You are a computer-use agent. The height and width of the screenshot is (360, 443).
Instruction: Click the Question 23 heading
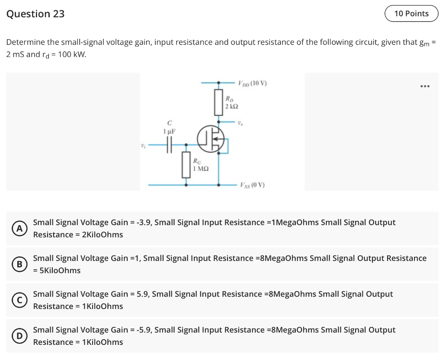(35, 14)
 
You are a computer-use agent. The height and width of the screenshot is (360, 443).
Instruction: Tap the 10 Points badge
(411, 13)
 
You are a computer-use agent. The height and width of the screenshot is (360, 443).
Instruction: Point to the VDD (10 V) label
(252, 83)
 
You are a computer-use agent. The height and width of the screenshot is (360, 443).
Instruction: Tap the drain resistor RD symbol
(218, 102)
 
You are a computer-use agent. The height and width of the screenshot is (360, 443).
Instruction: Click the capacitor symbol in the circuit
(169, 146)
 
